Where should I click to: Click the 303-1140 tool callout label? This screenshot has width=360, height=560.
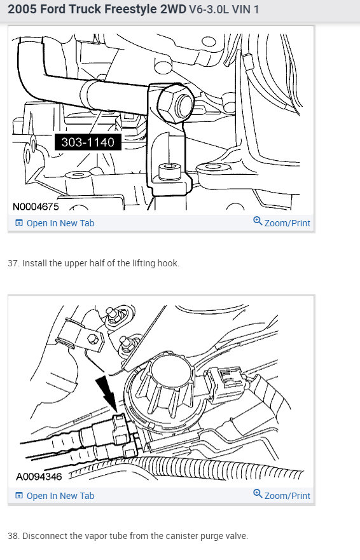pos(88,142)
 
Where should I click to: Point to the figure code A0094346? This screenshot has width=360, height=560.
pos(39,476)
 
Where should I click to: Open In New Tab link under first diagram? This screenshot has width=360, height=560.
pos(60,223)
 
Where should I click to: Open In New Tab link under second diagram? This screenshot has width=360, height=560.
pos(60,495)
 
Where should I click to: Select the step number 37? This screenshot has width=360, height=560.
pos(13,263)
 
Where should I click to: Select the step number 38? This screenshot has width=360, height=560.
pos(13,536)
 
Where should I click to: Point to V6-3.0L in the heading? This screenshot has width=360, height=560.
pos(211,11)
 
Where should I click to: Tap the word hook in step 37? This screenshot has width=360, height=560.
pos(167,263)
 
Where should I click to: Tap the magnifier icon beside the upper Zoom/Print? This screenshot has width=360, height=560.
pos(258,221)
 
